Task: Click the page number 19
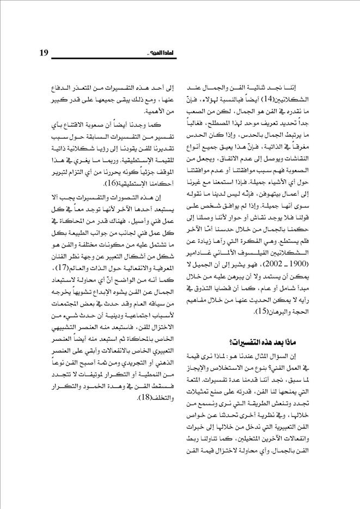45,52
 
